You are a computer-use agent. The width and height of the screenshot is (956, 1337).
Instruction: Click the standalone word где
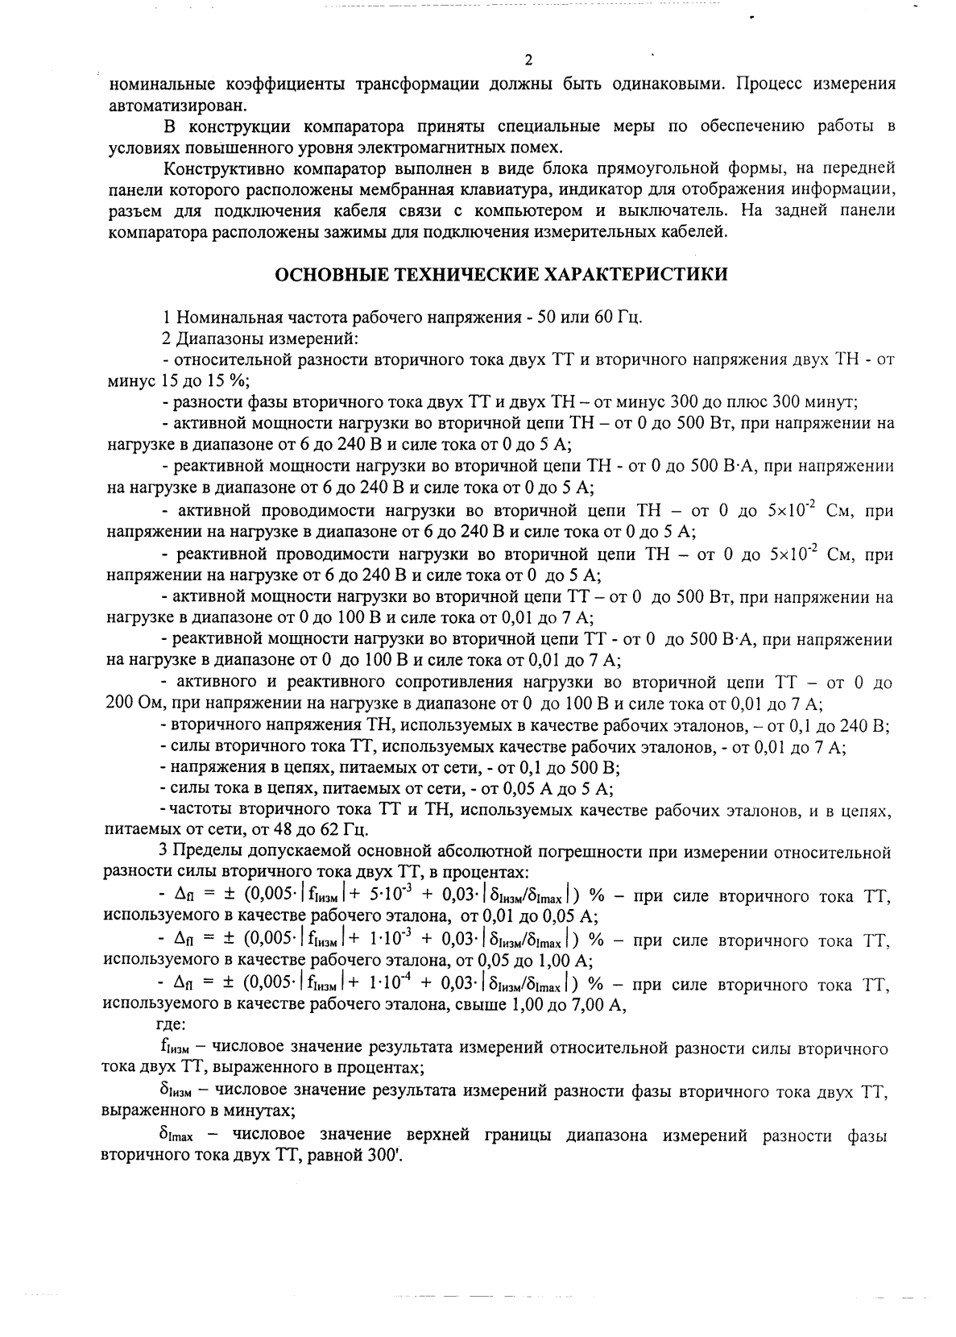171,1025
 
